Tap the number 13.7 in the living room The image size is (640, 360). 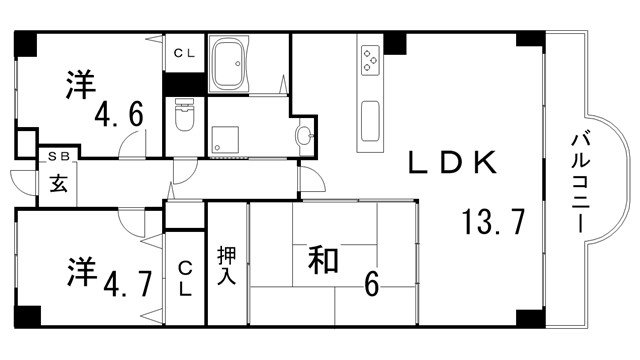(493, 222)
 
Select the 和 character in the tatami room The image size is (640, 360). (322, 262)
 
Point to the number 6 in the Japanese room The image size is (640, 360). (371, 285)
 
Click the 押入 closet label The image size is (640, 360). (226, 264)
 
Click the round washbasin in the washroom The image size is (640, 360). (304, 136)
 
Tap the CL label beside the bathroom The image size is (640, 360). (185, 53)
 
